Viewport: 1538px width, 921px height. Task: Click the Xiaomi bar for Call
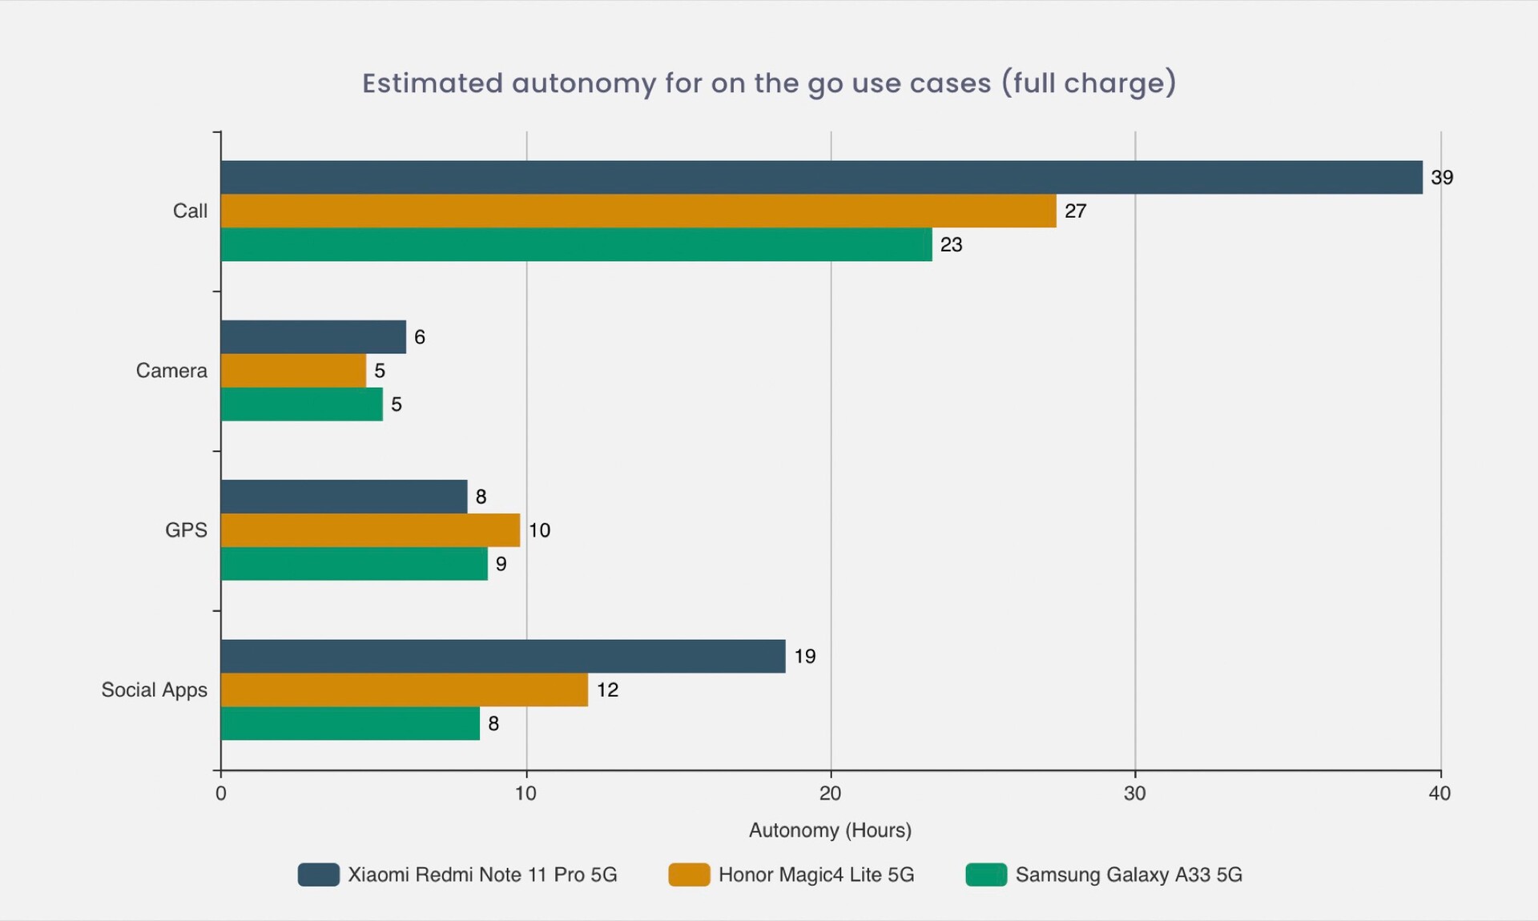[x=821, y=177]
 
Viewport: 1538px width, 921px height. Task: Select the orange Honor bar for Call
[x=638, y=211]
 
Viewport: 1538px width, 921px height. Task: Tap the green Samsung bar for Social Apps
[x=350, y=723]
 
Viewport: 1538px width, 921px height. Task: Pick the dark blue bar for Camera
[x=313, y=337]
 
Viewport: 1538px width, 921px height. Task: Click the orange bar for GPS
[x=370, y=530]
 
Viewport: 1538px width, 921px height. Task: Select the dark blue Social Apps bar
[x=503, y=656]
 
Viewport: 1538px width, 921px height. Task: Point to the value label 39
[x=1442, y=177]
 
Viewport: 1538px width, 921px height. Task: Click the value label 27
[x=1075, y=211]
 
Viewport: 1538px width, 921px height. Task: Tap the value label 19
[x=804, y=656]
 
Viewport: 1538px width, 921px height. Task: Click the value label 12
[x=607, y=690]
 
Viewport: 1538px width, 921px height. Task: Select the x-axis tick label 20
[x=830, y=793]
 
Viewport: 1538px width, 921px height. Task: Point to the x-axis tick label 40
[x=1439, y=793]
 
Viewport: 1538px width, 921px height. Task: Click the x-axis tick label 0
[x=221, y=793]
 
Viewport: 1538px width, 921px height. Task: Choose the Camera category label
[x=171, y=371]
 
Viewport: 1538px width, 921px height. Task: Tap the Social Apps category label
[x=154, y=690]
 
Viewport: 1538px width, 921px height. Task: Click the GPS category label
[x=186, y=530]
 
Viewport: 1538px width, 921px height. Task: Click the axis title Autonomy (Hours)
[x=830, y=830]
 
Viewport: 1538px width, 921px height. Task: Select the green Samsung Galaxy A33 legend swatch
[x=986, y=875]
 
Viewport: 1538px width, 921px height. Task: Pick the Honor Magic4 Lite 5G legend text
[x=815, y=875]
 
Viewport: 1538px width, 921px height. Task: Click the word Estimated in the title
[x=433, y=83]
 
